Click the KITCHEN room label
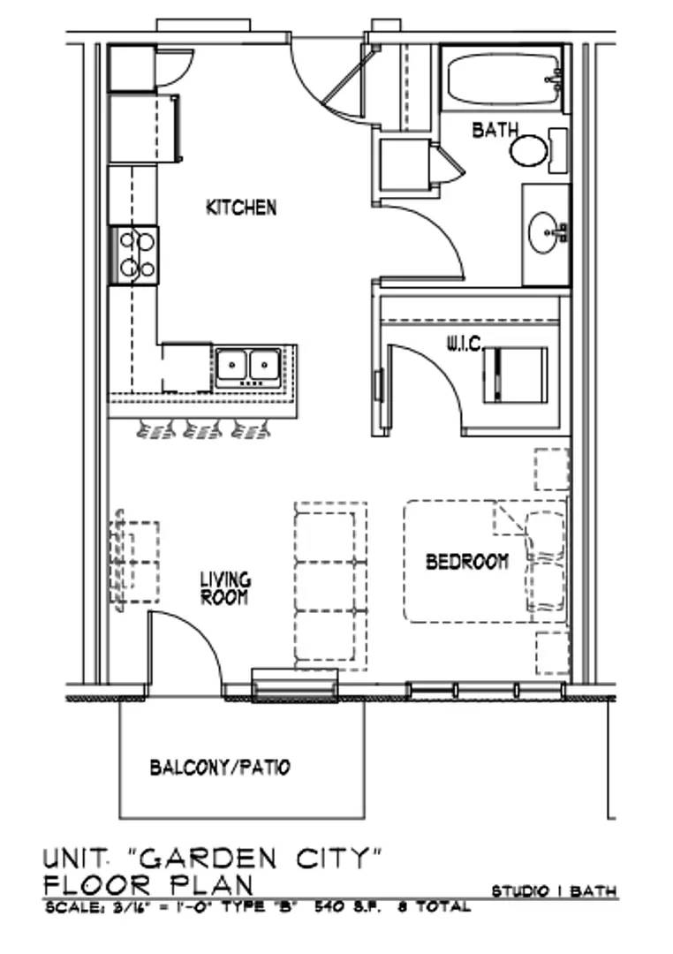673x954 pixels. (x=241, y=208)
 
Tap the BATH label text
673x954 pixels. (x=495, y=130)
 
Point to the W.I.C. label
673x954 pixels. (x=465, y=345)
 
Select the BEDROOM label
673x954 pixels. (x=466, y=561)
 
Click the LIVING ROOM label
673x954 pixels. (x=225, y=588)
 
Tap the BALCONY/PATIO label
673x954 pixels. (x=220, y=768)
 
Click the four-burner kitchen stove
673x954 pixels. (x=134, y=255)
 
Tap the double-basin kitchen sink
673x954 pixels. (x=247, y=367)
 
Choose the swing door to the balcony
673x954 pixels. (x=185, y=648)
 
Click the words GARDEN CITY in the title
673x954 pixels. (x=256, y=859)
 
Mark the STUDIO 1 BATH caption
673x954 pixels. (x=554, y=891)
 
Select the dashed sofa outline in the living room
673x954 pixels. (x=330, y=586)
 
